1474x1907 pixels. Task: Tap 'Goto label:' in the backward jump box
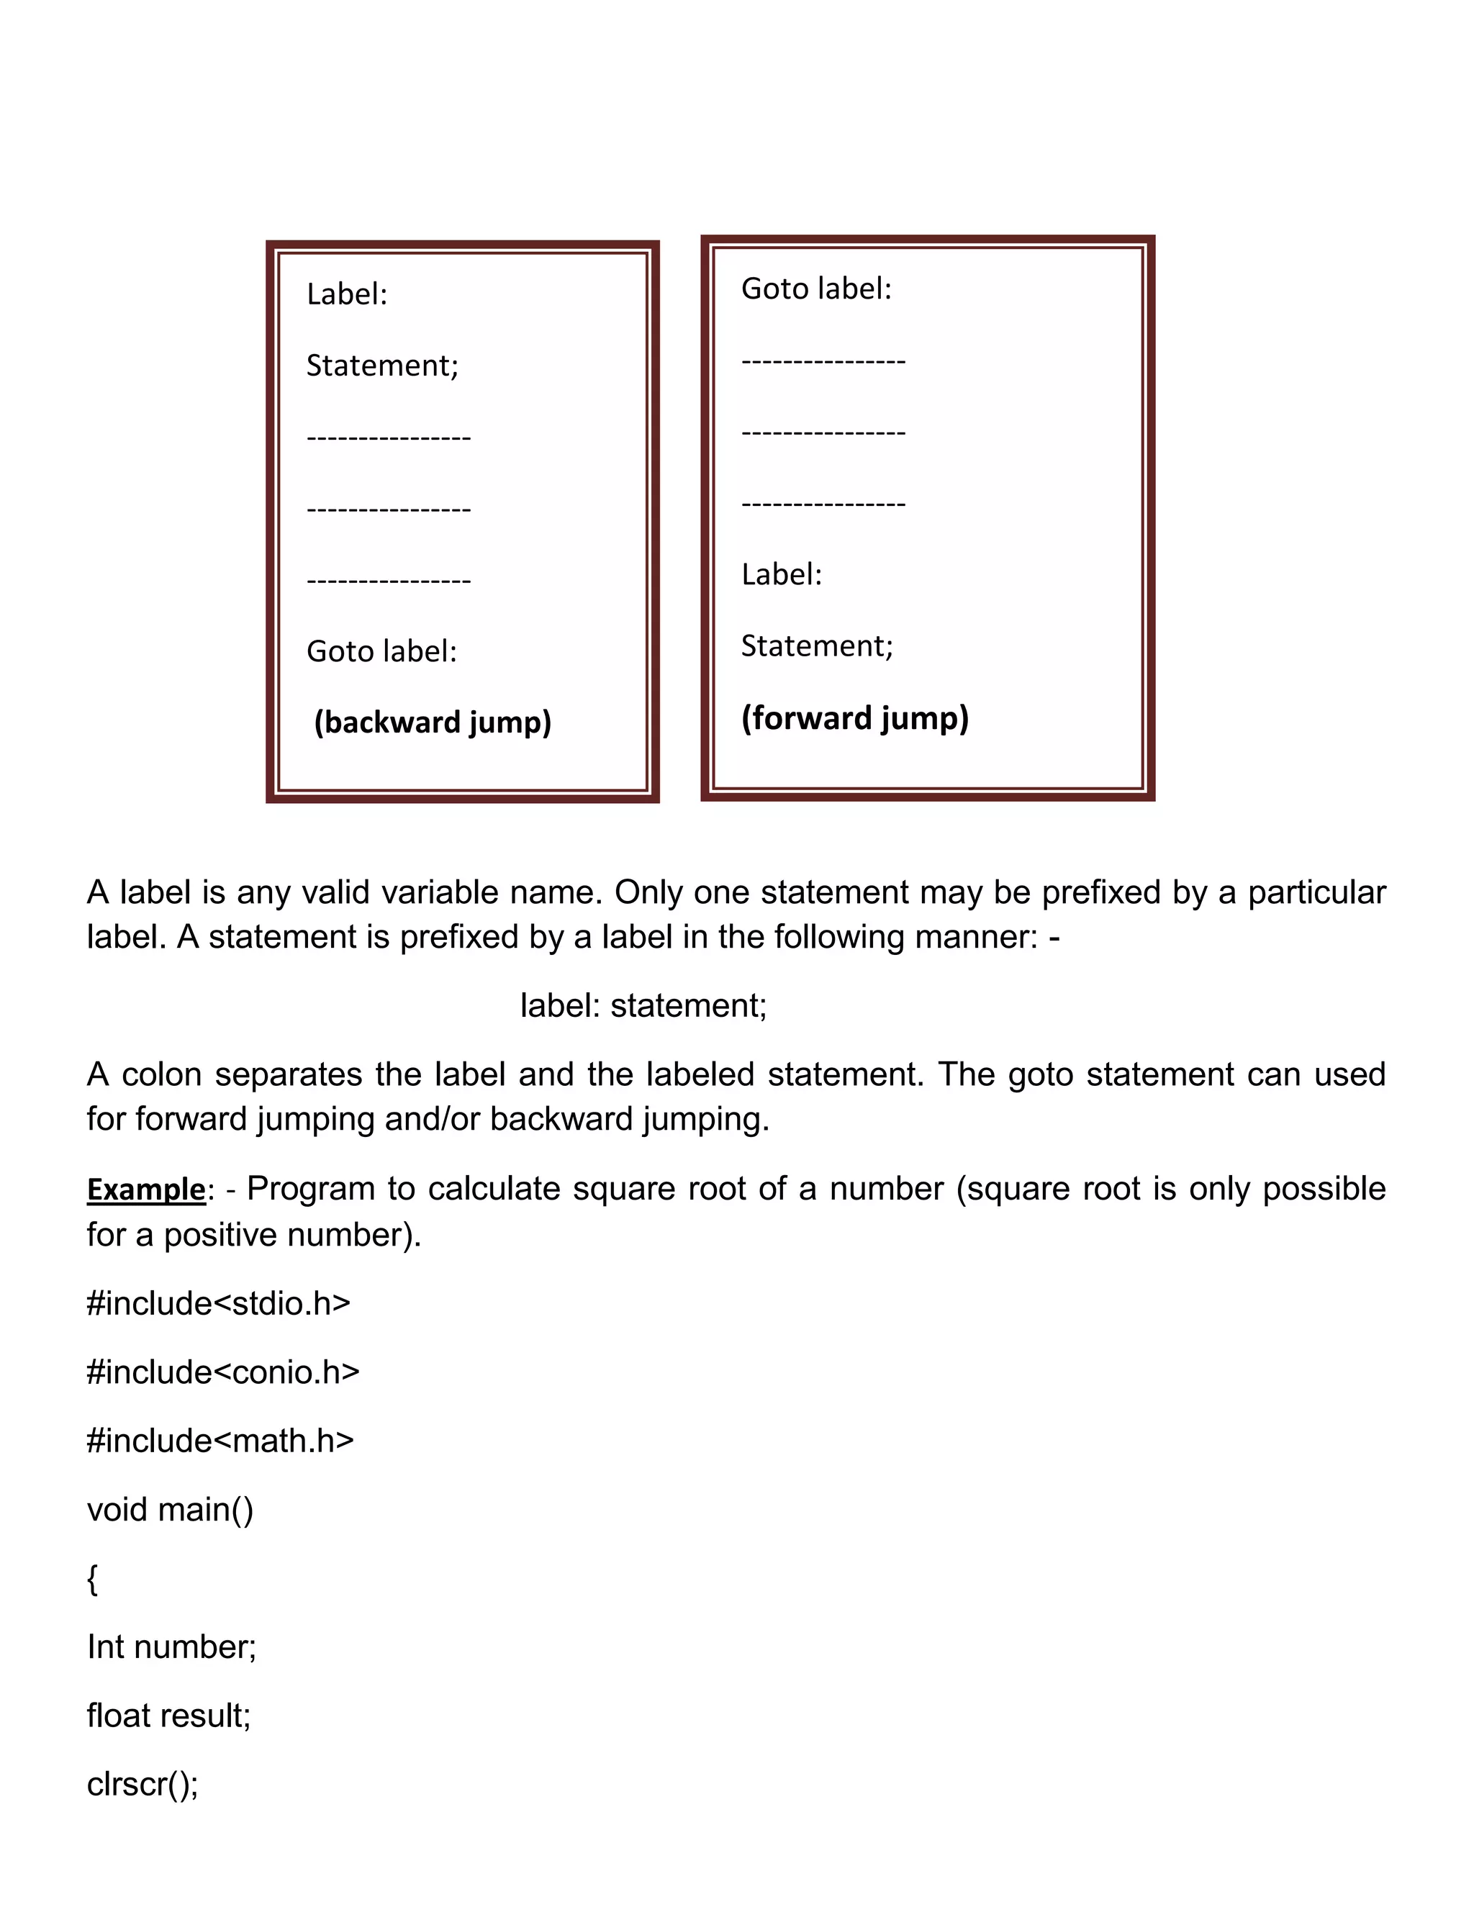click(x=381, y=651)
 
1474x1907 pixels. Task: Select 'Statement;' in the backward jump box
click(x=381, y=366)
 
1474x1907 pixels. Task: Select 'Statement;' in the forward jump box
click(x=816, y=646)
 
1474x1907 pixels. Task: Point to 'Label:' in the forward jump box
click(x=782, y=574)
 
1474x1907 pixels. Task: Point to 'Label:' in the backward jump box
click(x=347, y=294)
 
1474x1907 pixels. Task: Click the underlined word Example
click(x=146, y=1190)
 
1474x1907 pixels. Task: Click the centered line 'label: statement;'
click(x=643, y=1006)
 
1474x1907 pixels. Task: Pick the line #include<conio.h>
click(x=222, y=1372)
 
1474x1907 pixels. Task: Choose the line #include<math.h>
click(x=220, y=1441)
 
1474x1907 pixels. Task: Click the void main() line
click(x=171, y=1510)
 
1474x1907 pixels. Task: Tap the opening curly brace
click(x=93, y=1579)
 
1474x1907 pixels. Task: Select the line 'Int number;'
click(x=171, y=1646)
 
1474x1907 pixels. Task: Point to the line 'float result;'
click(x=168, y=1716)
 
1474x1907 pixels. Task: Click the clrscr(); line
click(x=143, y=1784)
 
